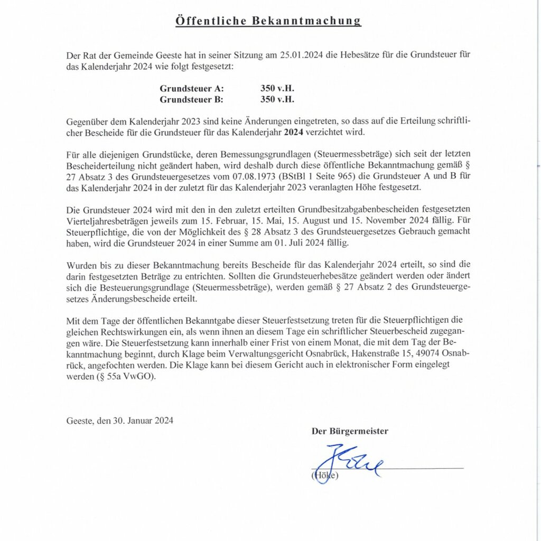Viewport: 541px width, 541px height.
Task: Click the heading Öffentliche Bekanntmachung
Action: [x=268, y=21]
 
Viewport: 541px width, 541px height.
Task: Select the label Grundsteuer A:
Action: [x=192, y=88]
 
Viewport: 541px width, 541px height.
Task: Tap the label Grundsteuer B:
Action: [x=192, y=99]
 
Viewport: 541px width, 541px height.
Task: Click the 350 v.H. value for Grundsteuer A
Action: [x=277, y=88]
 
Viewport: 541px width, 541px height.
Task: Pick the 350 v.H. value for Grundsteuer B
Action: [x=277, y=99]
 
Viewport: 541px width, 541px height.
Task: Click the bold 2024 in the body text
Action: [x=293, y=132]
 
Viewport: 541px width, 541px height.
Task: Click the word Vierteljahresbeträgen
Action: [x=106, y=221]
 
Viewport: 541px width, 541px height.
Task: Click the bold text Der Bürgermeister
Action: [x=350, y=431]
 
